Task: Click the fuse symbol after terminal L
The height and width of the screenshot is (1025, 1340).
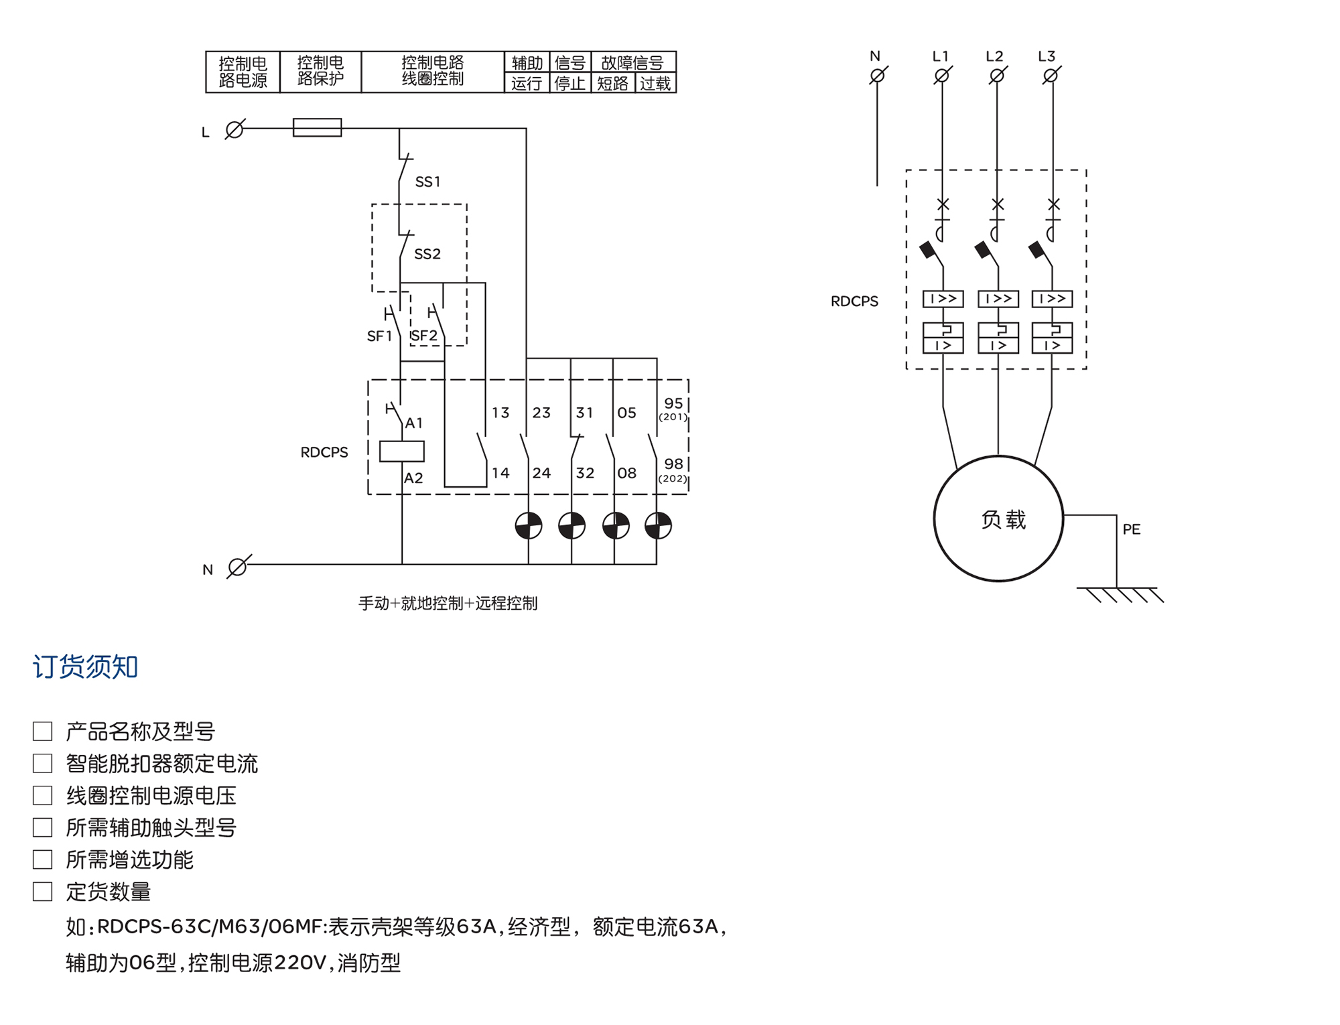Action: coord(317,127)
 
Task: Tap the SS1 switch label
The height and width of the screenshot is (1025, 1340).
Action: coord(427,182)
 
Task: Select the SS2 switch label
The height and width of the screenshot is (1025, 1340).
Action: coord(427,254)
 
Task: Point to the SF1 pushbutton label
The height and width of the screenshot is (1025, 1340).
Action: coord(379,336)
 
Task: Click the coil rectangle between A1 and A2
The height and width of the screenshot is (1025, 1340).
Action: coord(402,452)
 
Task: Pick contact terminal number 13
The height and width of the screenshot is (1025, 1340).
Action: coord(500,413)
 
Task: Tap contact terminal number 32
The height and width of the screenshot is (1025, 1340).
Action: coord(585,473)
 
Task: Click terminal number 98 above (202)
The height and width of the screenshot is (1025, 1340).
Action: coord(673,464)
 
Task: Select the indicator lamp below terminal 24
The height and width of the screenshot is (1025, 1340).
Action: coord(529,526)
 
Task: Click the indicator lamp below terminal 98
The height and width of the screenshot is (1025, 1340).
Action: coord(658,526)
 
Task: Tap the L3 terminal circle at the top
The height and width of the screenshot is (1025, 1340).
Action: coord(1051,76)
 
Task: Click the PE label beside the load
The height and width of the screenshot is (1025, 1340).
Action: coord(1132,529)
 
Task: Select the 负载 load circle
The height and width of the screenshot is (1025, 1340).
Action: coord(998,519)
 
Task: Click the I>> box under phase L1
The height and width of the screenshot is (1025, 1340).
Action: coord(943,299)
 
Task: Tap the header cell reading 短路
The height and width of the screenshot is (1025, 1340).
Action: coord(612,84)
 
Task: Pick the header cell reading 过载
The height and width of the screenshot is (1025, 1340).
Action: coord(655,84)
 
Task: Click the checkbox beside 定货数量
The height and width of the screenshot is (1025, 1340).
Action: coord(43,892)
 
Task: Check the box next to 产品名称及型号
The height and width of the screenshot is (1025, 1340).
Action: coord(43,731)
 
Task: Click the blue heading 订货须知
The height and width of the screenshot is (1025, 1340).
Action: coord(86,667)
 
